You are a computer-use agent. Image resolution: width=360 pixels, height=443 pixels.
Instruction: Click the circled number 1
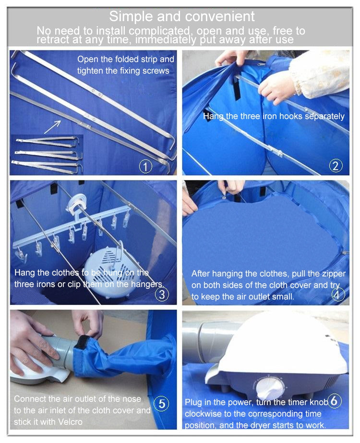point(145,167)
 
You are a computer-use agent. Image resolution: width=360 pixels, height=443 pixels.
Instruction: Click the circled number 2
point(336,166)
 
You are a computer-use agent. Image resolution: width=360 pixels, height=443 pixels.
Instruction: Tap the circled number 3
point(162,294)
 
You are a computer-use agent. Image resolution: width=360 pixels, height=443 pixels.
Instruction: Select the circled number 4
point(337,295)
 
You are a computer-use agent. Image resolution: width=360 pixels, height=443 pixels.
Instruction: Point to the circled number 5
point(162,404)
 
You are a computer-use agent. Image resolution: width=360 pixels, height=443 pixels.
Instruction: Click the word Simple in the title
point(132,16)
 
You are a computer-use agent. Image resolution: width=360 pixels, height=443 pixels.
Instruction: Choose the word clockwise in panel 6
point(205,414)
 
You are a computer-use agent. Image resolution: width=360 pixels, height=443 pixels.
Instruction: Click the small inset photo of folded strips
point(47,154)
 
